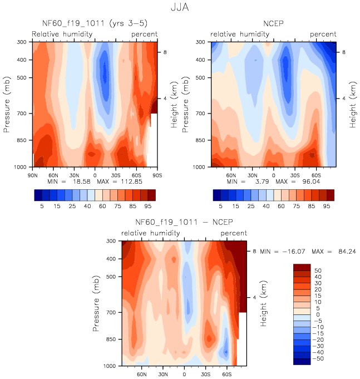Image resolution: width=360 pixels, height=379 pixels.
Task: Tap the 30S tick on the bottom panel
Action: click(205, 372)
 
